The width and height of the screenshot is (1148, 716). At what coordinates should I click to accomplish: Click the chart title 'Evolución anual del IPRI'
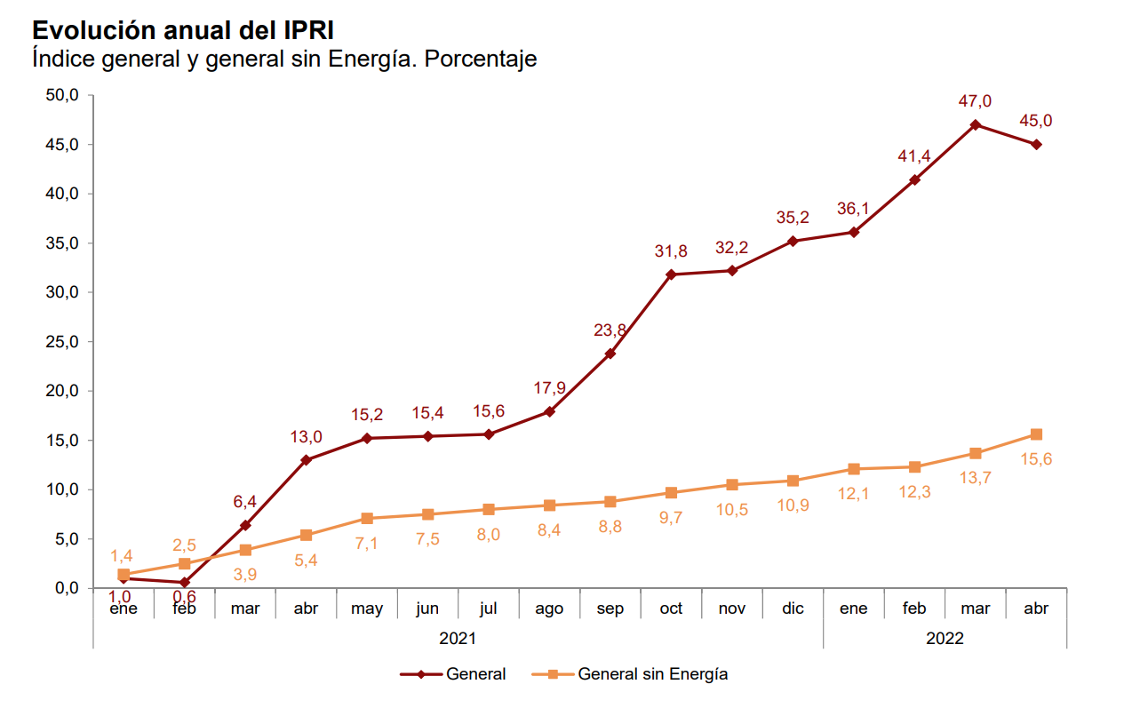183,30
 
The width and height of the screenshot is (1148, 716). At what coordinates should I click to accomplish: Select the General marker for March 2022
976,124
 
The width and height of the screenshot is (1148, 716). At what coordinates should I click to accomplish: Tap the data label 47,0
975,101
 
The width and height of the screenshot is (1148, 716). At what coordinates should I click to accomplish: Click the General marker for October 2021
671,274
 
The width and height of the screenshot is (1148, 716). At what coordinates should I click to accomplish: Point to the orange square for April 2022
1036,434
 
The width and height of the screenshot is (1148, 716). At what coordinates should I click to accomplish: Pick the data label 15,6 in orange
1036,459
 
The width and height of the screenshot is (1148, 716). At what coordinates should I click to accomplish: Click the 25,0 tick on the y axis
62,342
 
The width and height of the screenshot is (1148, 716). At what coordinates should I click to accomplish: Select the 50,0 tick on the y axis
62,95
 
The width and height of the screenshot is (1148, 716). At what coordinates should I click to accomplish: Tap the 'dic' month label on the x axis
793,609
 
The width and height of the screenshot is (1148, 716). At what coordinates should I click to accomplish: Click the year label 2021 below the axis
458,638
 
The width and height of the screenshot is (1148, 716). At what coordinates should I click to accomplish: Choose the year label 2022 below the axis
945,638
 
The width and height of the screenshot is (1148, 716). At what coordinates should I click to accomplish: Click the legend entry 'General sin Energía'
652,674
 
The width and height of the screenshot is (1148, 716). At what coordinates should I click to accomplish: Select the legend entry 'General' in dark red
475,674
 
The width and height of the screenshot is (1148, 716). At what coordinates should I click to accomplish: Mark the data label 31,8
671,252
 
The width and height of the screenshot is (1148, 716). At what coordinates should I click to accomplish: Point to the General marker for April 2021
306,460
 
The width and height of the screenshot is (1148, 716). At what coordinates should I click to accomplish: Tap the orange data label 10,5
732,509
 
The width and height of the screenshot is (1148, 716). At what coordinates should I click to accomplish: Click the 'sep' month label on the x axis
610,609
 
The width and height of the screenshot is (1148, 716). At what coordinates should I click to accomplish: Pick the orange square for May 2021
367,518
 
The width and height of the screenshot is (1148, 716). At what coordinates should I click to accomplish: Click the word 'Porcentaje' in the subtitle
481,60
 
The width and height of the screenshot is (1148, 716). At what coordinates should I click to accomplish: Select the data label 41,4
914,157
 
